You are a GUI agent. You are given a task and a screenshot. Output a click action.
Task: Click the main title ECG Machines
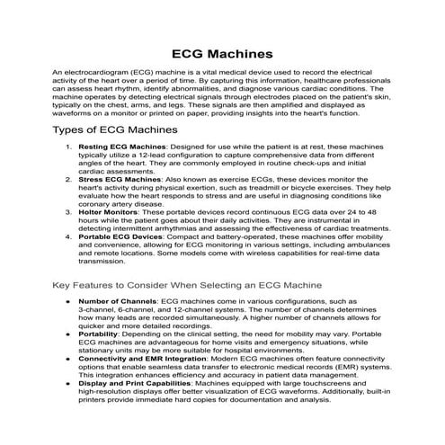tap(222, 53)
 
